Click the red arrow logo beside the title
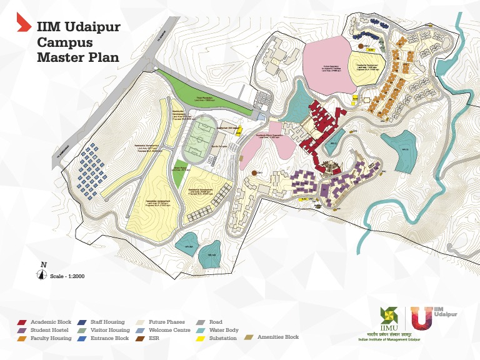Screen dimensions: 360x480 [x=23, y=24]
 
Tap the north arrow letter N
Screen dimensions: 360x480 [x=43, y=264]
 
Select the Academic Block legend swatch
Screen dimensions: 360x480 [x=22, y=322]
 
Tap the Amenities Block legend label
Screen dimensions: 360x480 [x=278, y=337]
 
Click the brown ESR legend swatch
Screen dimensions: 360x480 [x=141, y=337]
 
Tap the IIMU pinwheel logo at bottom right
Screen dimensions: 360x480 [x=387, y=316]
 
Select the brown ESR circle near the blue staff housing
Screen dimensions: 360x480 [x=361, y=45]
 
